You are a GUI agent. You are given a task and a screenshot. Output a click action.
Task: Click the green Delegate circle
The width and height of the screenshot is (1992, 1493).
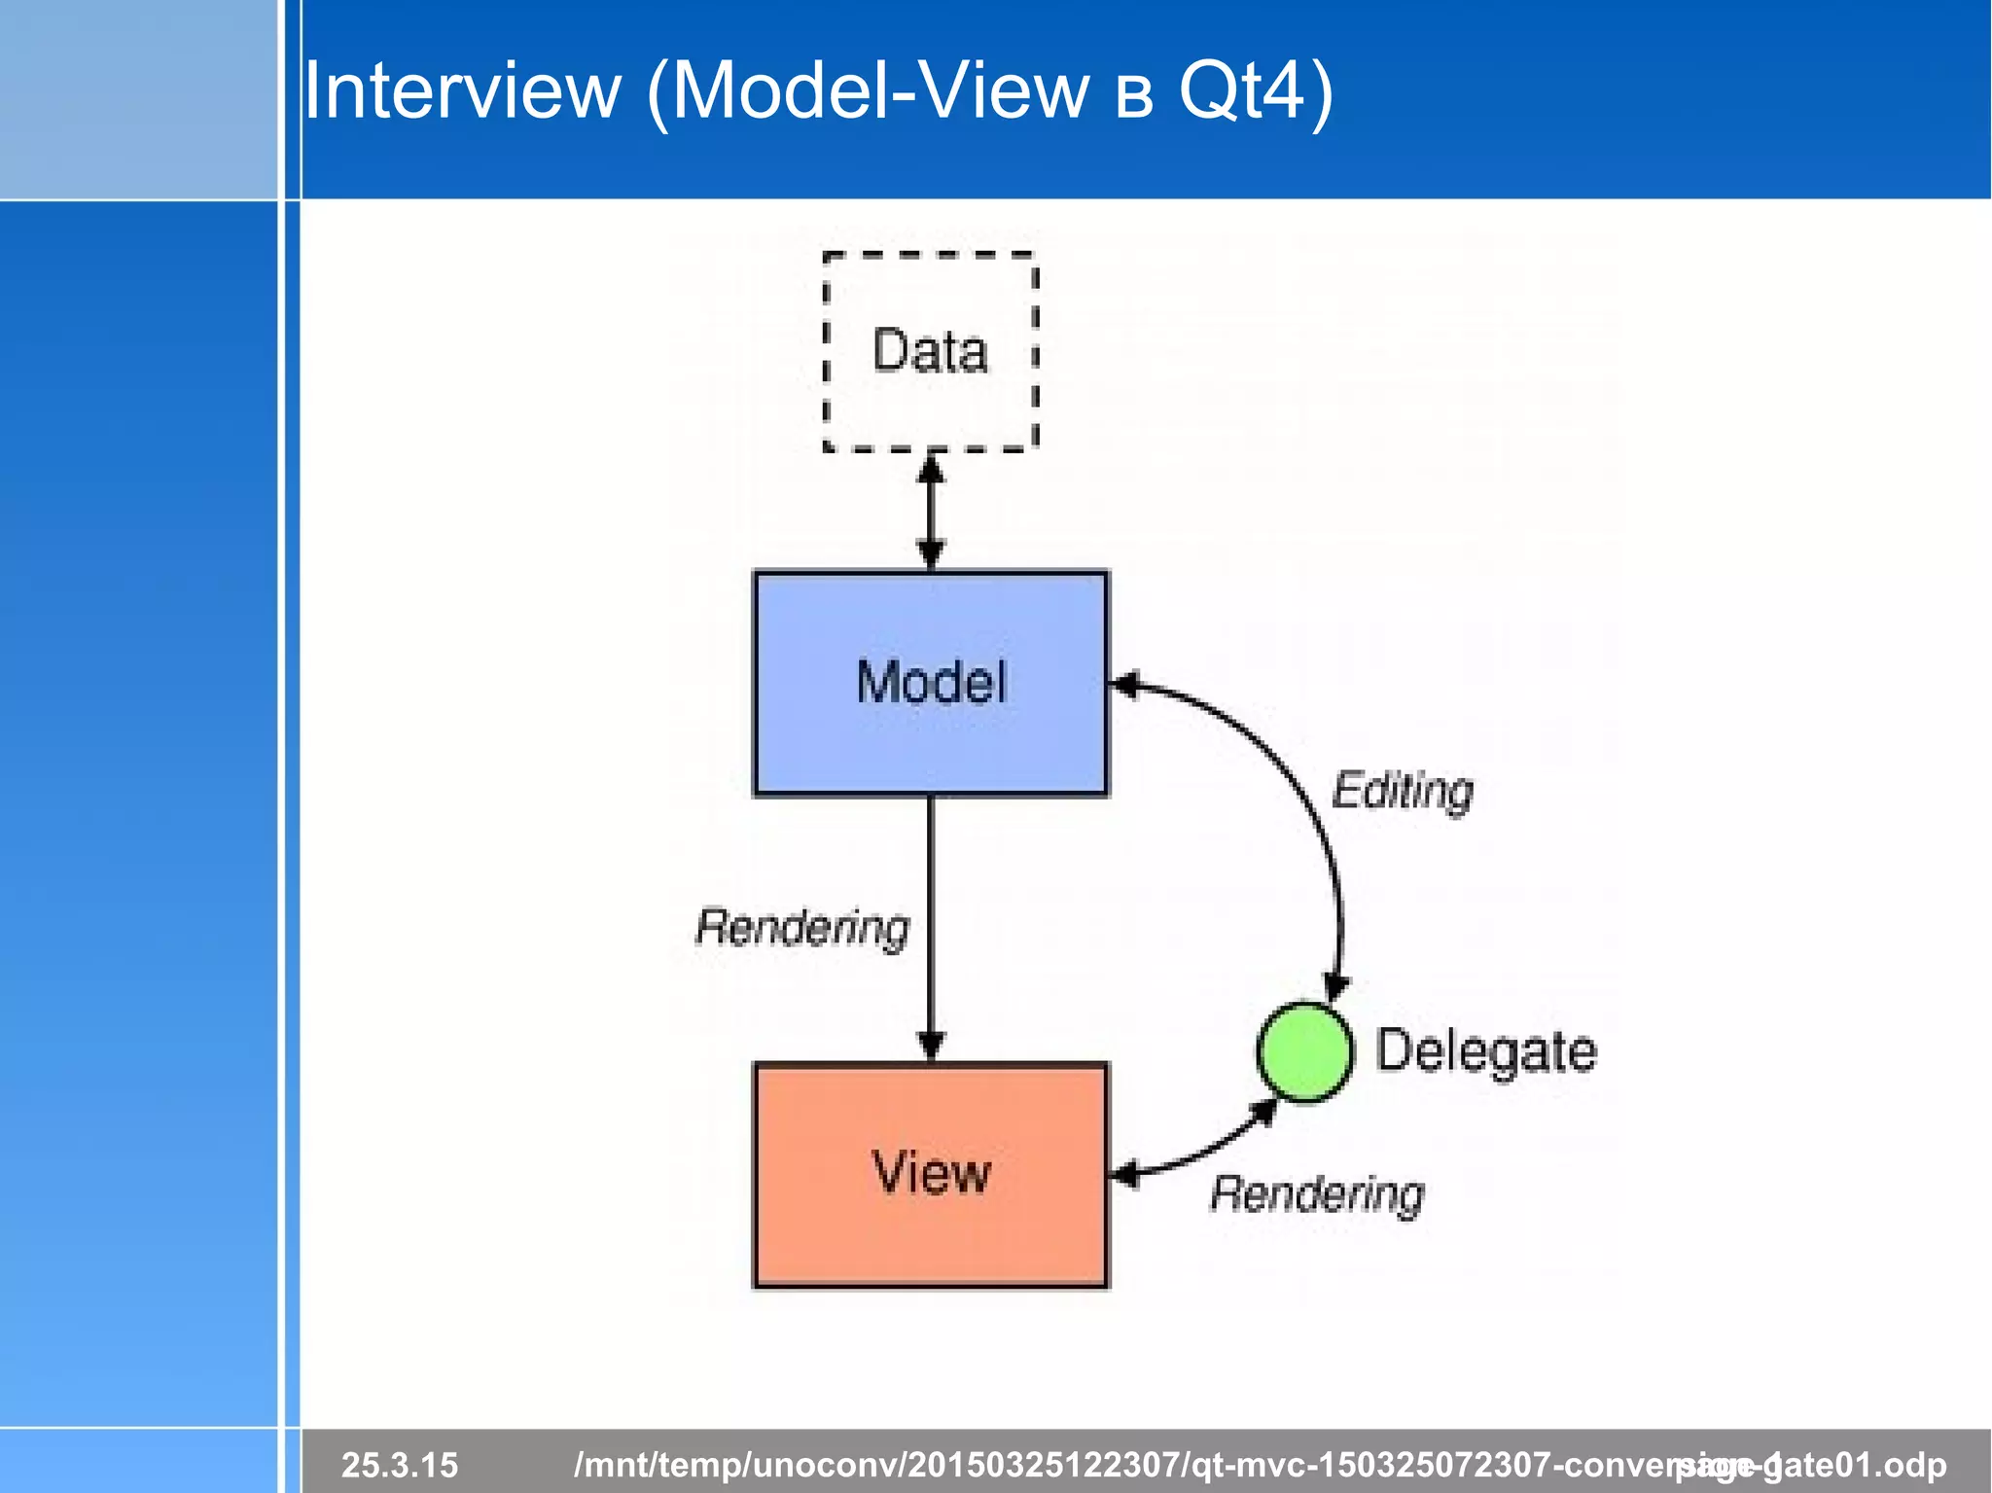point(1303,1051)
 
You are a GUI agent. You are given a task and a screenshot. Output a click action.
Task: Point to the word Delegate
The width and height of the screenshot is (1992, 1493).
point(1485,1051)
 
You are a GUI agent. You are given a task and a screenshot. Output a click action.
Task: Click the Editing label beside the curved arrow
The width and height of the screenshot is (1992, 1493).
point(1402,790)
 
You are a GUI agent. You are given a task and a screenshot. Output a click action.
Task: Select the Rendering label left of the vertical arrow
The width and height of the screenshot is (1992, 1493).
point(802,927)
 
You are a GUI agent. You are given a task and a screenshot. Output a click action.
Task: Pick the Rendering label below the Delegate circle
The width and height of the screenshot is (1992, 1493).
point(1317,1193)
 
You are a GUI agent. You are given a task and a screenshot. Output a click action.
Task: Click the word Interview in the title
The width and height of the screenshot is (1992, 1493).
point(462,90)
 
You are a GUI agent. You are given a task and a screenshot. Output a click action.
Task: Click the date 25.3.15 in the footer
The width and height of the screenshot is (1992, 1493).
point(399,1464)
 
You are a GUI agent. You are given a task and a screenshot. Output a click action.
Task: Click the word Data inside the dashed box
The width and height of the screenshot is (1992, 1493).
point(930,351)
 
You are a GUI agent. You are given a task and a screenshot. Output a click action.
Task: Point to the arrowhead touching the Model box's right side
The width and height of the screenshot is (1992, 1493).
point(1123,685)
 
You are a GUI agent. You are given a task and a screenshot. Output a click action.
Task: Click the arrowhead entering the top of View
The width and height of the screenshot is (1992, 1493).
point(931,1047)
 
